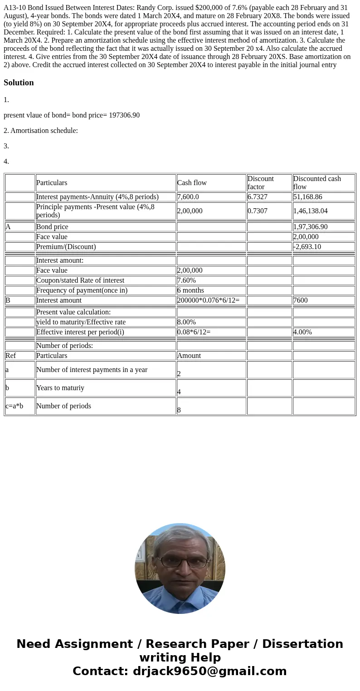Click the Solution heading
pos(19,83)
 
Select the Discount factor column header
pos(261,182)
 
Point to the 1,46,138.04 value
pos(311,211)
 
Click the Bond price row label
pos(52,227)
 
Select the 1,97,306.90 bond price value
pos(311,227)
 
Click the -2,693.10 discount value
pos(307,247)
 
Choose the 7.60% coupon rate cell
pos(186,280)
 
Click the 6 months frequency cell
pos(190,290)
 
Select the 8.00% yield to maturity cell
pos(186,322)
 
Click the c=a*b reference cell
pos(14,406)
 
